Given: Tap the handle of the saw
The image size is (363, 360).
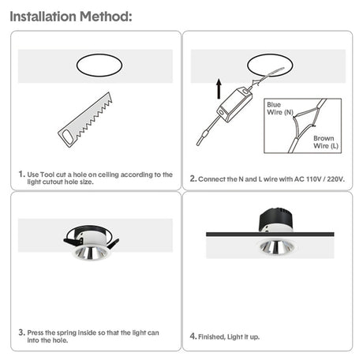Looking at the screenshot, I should [x=69, y=137].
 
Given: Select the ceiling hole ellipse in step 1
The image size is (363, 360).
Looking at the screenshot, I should [x=99, y=66].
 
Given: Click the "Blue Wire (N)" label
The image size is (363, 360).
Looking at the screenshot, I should [x=279, y=108].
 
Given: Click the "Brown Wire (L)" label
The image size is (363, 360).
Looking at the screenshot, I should [x=324, y=141].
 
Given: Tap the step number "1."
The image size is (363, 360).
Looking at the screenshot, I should [x=21, y=174].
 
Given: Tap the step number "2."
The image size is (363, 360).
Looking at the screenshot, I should [x=193, y=178].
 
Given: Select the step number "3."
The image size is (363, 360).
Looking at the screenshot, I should [x=21, y=332].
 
